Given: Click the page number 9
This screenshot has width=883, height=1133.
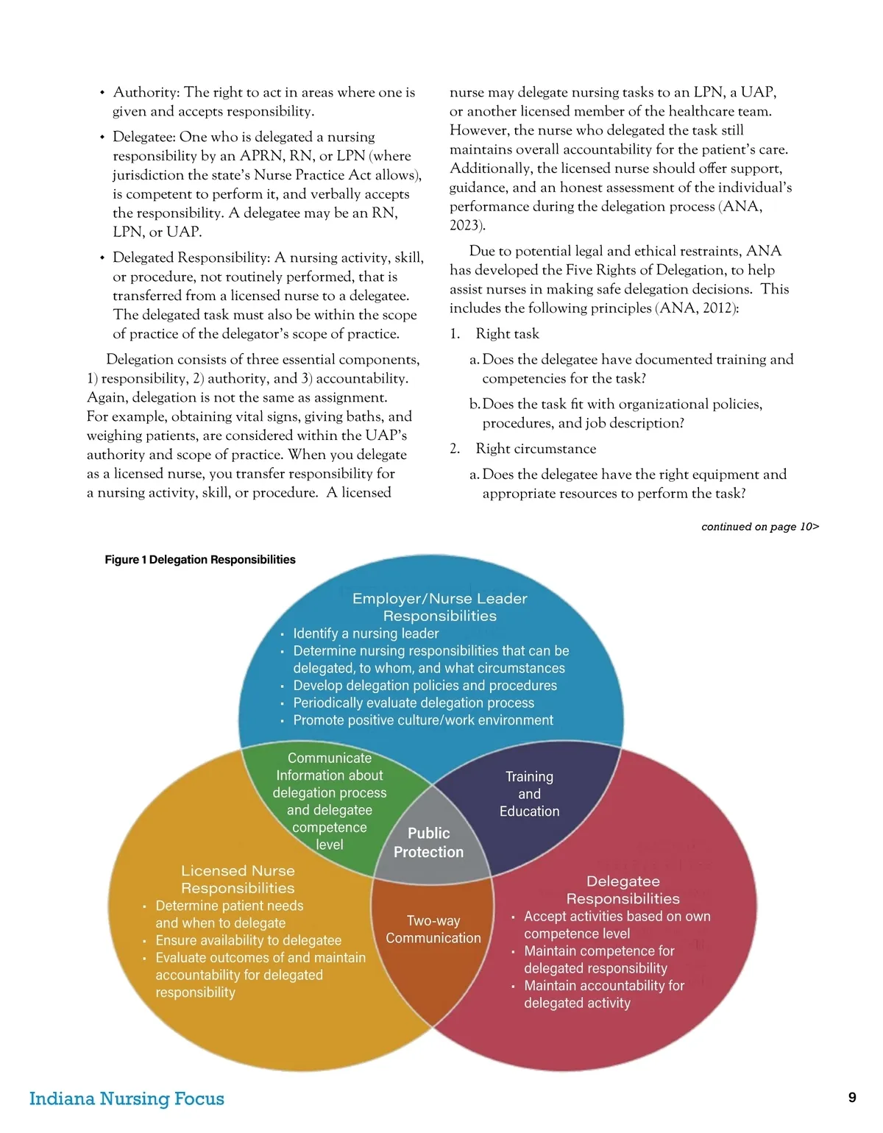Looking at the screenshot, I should (852, 1097).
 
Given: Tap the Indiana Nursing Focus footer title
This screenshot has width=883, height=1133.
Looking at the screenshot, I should (127, 1098).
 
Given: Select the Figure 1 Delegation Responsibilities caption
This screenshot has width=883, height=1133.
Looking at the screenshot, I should (200, 560).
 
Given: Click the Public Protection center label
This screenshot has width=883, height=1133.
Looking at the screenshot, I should (429, 842).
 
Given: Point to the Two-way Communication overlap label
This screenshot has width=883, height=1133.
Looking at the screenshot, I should (433, 929).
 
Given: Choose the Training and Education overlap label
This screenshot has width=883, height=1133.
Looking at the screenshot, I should (529, 794).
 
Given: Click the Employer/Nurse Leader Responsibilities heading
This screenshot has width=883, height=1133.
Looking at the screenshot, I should (440, 607).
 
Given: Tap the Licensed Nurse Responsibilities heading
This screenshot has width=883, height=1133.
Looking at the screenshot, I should (238, 879).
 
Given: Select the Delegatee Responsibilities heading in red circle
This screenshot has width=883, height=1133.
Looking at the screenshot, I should (623, 889).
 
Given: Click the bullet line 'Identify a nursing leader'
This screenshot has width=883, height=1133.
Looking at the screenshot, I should (366, 633).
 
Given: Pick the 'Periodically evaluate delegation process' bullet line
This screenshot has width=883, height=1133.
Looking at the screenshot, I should (414, 703).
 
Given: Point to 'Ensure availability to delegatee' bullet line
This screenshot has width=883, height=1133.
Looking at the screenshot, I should (249, 940).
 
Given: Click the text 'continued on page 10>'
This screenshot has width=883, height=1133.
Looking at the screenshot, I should (760, 527).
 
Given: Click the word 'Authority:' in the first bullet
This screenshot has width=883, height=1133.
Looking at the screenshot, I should (146, 93).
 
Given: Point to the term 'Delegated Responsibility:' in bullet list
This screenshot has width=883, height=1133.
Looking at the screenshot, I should (191, 257).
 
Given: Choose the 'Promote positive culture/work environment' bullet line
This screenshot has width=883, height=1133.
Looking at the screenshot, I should (423, 720).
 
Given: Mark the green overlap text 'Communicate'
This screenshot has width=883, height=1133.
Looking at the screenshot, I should (330, 758).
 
